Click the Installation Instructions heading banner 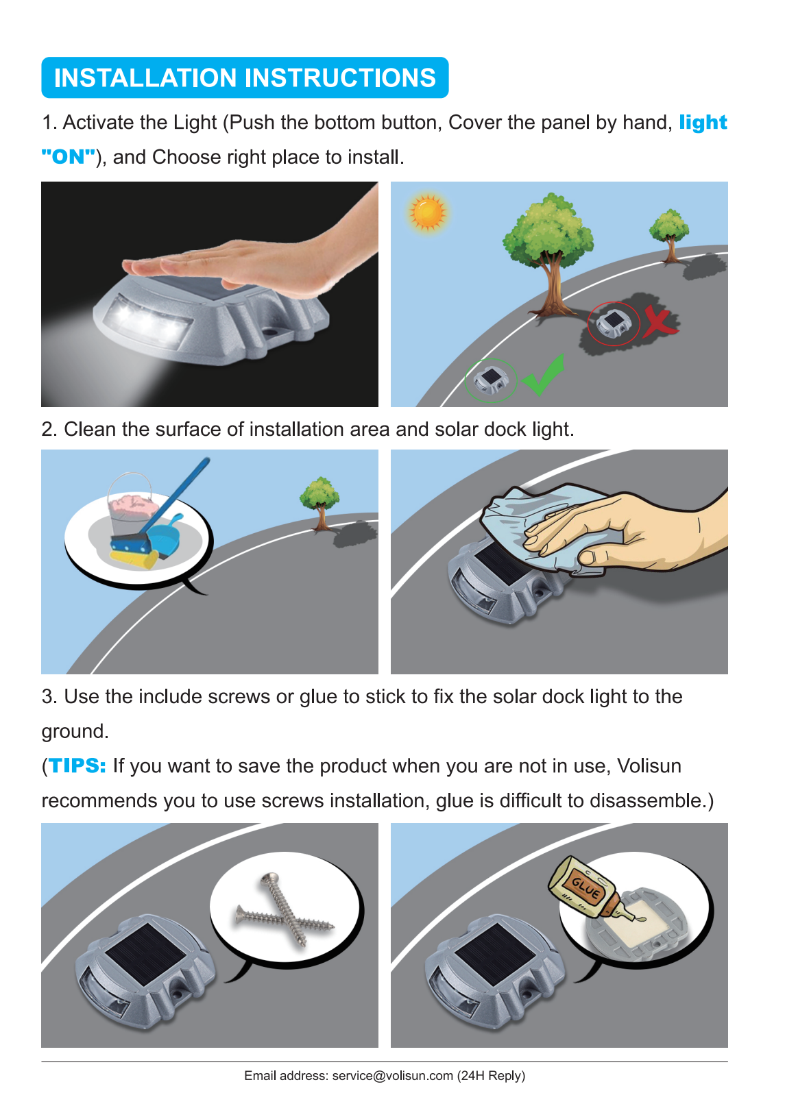245,77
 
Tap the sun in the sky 427,212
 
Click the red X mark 660,321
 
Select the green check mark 544,374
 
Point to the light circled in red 614,323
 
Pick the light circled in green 490,380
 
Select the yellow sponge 134,558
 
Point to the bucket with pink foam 131,507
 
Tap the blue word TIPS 77,765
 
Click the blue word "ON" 69,156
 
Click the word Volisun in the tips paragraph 649,765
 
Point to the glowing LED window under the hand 147,319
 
